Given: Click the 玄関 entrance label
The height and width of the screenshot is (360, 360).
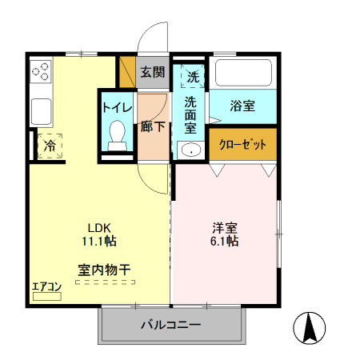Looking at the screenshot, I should [x=152, y=72].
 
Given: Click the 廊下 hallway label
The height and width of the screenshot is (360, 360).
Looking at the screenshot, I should [x=152, y=126].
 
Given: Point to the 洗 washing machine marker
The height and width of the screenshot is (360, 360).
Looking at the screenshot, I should [x=193, y=77].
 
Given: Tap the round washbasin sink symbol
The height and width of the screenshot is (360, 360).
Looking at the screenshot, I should [x=190, y=150].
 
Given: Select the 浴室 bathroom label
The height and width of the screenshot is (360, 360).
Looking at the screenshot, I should [x=242, y=105].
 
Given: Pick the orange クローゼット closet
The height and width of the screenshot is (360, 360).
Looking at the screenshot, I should [x=242, y=145].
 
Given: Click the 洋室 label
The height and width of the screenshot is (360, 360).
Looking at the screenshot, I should [x=224, y=226].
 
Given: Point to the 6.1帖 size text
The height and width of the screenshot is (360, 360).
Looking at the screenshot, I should [x=224, y=240].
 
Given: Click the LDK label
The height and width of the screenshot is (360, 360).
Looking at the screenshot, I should [x=100, y=226].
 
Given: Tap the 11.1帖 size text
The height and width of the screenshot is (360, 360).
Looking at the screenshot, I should [x=100, y=240].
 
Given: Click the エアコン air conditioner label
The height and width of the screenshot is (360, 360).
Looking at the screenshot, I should [x=46, y=286].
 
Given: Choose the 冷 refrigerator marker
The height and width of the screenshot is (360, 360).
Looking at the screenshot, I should [x=50, y=146].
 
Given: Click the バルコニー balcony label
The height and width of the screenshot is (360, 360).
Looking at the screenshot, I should [x=171, y=326].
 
